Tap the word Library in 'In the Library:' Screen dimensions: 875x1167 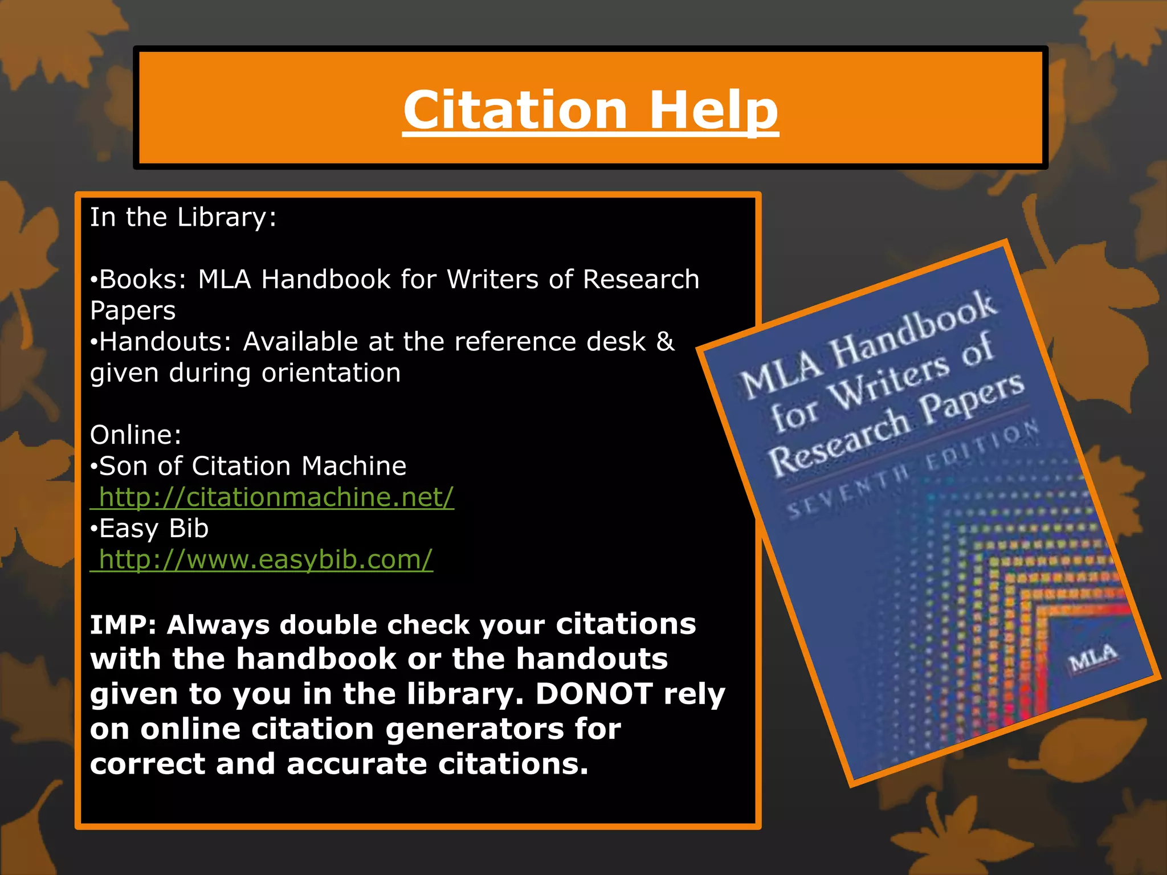226,218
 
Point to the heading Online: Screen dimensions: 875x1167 136,435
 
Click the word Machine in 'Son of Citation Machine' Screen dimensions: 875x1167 354,466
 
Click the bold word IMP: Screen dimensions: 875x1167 123,625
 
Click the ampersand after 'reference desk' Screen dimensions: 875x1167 665,342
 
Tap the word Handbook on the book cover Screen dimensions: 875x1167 915,329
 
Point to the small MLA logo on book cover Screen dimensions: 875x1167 1092,658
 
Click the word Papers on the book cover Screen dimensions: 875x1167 972,400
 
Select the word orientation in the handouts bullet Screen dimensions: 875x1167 331,373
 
